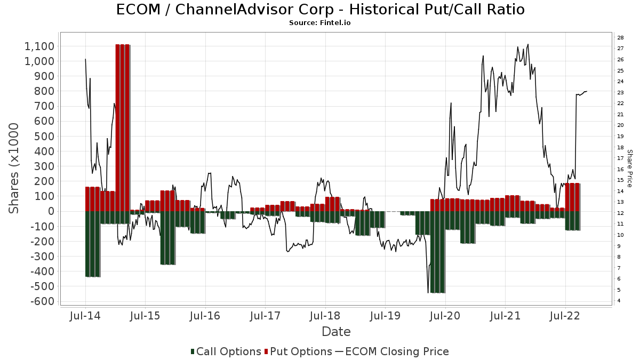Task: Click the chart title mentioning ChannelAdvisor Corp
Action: (319, 10)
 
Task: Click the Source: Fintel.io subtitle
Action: (319, 23)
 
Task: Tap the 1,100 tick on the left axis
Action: (39, 46)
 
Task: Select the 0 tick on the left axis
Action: (51, 211)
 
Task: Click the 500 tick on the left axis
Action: (43, 136)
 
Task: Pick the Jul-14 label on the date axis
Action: (85, 316)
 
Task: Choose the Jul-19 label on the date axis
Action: (385, 316)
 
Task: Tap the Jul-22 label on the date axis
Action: (565, 316)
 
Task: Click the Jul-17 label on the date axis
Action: (265, 316)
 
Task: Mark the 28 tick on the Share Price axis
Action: (621, 37)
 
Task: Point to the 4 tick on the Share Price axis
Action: (619, 301)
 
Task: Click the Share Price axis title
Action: (629, 168)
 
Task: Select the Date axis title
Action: (336, 332)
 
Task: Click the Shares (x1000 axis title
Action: (14, 168)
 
